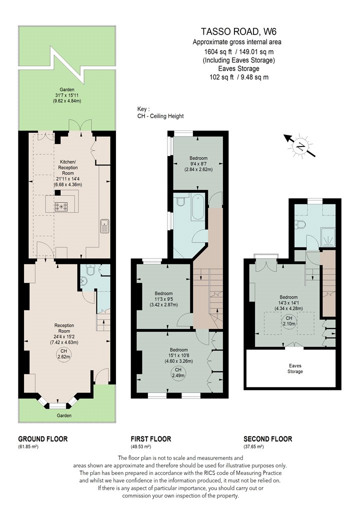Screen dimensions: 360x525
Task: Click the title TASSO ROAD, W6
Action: (x=238, y=31)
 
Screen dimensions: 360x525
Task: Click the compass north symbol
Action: (x=300, y=146)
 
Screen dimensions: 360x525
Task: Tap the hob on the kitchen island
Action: (x=61, y=206)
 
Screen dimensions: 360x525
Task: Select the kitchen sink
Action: (x=104, y=226)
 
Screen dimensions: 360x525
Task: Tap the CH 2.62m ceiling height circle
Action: (x=63, y=353)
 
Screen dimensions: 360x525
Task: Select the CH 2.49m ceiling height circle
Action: (x=178, y=372)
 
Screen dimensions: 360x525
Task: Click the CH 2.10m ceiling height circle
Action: (x=288, y=321)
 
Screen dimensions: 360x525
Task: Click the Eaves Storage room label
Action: (x=295, y=368)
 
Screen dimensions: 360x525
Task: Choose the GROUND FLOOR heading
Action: (x=43, y=439)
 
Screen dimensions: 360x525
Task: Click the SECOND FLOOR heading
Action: (x=268, y=439)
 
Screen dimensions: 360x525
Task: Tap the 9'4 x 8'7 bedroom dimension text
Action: (x=198, y=163)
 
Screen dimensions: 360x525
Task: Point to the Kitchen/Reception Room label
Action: (x=68, y=167)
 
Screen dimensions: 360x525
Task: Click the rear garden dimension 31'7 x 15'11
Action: (x=67, y=95)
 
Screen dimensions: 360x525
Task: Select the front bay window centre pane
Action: (x=58, y=406)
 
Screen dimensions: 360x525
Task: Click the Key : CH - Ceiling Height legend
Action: (x=160, y=112)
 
